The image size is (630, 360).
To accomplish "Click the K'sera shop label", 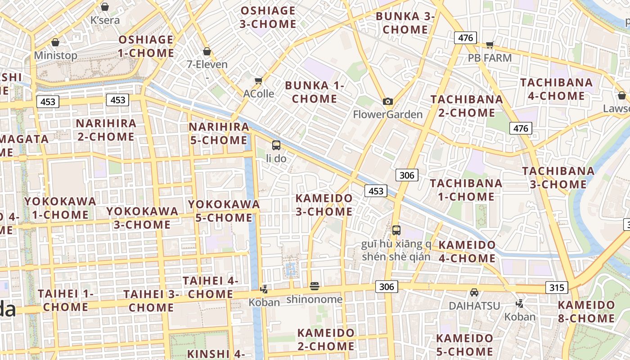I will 105,20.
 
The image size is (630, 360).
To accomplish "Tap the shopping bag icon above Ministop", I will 55,43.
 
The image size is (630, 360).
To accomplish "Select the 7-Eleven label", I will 207,64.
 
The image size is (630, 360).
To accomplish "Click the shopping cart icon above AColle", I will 258,81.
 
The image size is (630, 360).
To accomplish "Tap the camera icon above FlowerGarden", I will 387,102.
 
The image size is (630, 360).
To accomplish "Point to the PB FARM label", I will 490,58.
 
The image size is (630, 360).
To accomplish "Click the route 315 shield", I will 557,287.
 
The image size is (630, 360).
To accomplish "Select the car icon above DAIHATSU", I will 474,293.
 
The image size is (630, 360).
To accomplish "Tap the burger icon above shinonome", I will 315,286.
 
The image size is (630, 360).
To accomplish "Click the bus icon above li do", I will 276,145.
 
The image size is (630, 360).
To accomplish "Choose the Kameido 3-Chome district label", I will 324,205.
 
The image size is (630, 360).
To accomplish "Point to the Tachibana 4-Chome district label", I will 556,89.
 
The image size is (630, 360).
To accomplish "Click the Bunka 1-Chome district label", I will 315,92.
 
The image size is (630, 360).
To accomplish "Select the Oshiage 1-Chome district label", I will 146,46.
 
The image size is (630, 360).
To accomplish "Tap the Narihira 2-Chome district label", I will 106,130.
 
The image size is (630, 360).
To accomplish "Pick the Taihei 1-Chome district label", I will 66,300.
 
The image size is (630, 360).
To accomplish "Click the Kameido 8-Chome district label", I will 586,311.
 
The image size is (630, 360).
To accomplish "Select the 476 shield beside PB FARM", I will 465,38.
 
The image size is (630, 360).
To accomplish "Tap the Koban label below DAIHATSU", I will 520,317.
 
